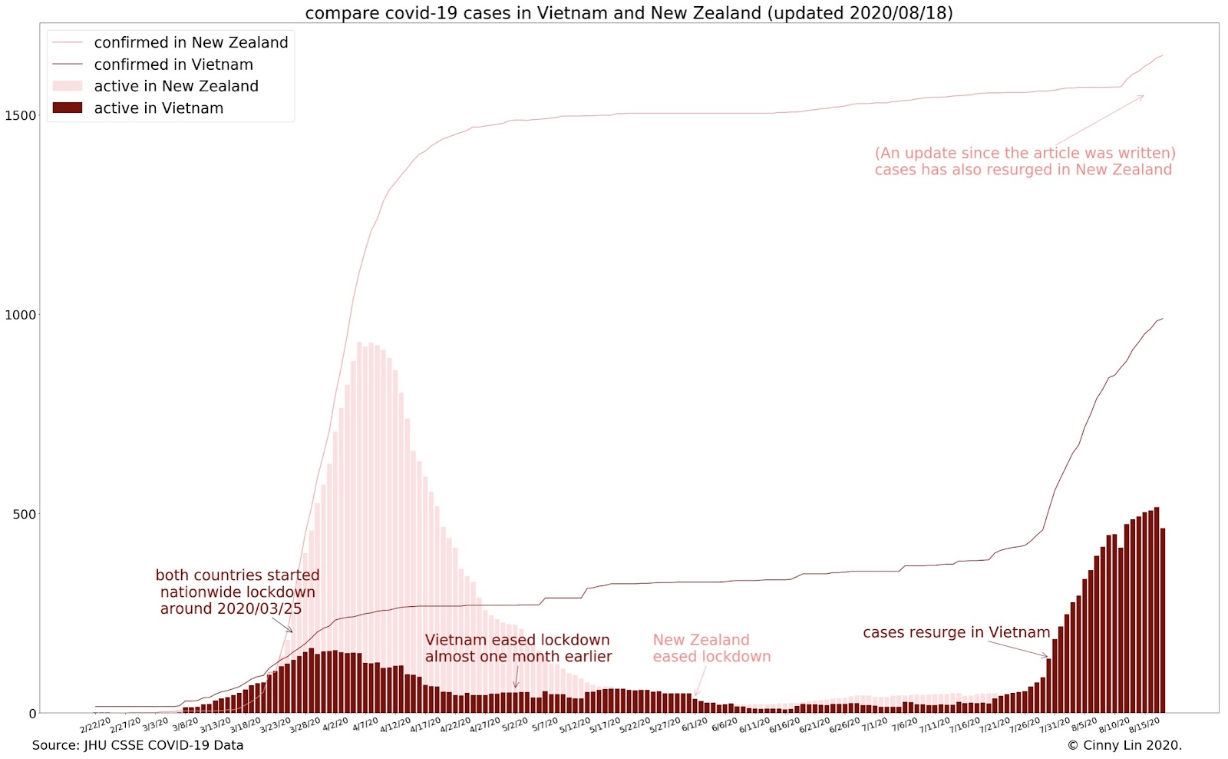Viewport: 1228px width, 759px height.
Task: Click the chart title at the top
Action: click(629, 12)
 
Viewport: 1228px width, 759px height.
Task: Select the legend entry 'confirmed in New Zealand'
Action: click(190, 43)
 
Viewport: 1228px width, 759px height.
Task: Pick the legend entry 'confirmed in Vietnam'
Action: click(173, 65)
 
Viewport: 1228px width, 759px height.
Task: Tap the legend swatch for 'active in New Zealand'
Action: click(67, 86)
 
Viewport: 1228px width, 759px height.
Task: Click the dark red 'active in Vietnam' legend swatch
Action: click(67, 108)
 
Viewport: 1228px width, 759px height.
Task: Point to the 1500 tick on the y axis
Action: click(21, 115)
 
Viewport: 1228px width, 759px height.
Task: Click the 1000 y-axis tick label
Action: click(21, 315)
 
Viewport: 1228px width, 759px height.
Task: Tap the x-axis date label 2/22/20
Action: click(96, 726)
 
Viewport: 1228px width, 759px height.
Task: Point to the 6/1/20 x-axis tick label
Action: click(695, 725)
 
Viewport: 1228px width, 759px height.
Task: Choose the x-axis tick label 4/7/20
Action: click(365, 725)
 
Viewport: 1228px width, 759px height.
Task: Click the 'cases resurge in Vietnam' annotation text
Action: click(956, 632)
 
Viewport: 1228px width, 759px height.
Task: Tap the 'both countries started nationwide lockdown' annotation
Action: click(237, 592)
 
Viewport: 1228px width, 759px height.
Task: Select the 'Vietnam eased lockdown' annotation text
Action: click(518, 648)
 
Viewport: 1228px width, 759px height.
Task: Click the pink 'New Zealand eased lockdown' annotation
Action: click(711, 648)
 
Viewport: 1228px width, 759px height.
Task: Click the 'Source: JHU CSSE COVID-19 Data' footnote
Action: click(137, 745)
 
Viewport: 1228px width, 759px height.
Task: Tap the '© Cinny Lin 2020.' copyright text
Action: click(1124, 745)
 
